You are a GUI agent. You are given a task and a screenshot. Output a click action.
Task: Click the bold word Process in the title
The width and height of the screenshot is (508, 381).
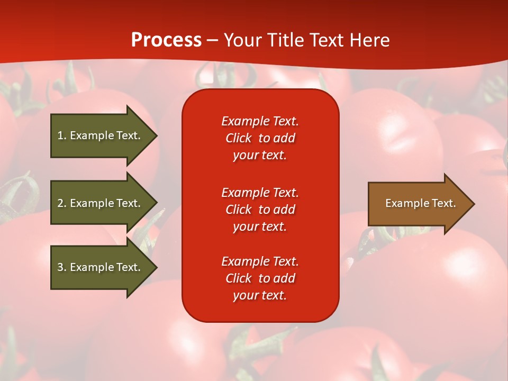[x=166, y=40]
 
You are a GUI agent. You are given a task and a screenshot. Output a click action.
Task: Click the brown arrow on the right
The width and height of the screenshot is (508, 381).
[x=418, y=203]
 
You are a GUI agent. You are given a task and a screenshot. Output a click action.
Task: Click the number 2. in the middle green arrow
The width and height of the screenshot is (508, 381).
[x=62, y=203]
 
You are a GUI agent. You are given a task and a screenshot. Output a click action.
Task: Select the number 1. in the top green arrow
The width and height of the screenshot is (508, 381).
[x=62, y=135]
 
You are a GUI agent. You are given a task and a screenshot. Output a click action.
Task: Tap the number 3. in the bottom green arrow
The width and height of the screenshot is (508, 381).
[x=62, y=267]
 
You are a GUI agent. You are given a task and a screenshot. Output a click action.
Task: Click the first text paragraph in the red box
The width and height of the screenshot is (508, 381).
[x=260, y=138]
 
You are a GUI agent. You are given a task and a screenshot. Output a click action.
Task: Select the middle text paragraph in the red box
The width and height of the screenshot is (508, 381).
[x=260, y=210]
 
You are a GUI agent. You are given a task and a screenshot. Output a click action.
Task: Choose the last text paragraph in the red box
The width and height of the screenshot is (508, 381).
[x=260, y=278]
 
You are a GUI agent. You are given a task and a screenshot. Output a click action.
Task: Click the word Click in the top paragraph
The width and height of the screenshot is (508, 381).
[x=238, y=138]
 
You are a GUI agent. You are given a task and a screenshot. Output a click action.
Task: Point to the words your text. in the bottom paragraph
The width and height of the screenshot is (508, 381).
[x=260, y=295]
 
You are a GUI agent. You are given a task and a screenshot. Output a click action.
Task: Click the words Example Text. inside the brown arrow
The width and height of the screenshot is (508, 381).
[x=420, y=203]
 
